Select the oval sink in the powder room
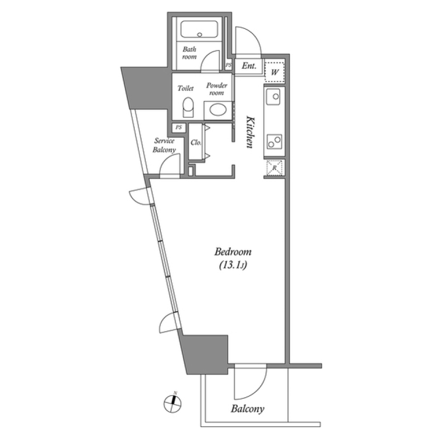(215, 110)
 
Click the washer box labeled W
(275, 72)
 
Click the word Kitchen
(250, 132)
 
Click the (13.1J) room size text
(233, 265)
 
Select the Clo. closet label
(196, 142)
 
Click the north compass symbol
(173, 402)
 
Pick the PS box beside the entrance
(228, 66)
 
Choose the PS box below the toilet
(179, 127)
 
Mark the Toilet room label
(186, 89)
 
